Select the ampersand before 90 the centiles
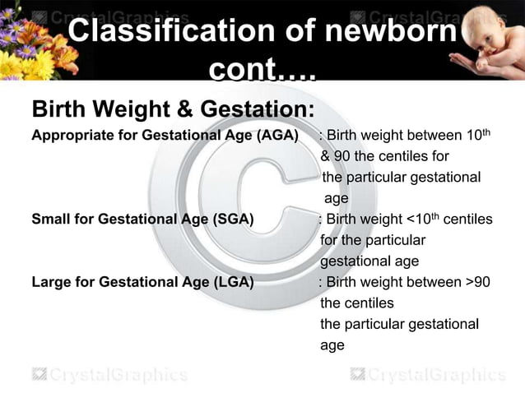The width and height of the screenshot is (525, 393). click(326, 157)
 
